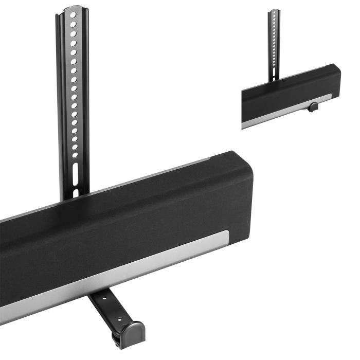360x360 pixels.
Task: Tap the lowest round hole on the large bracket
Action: coord(75,154)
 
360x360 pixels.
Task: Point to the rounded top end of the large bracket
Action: coord(71,9)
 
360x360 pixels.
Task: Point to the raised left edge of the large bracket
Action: coord(59,103)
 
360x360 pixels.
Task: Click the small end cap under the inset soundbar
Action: coord(312,107)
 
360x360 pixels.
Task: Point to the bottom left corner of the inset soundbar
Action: coord(242,128)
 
